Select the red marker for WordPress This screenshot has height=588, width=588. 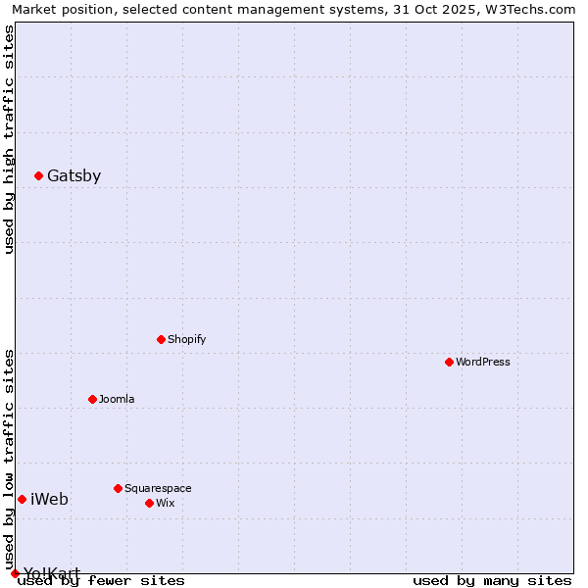point(450,363)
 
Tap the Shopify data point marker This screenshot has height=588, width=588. point(162,340)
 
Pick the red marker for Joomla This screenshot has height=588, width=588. point(93,400)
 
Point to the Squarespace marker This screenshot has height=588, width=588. point(119,489)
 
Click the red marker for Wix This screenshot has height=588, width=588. point(150,504)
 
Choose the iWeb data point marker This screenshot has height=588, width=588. point(23,500)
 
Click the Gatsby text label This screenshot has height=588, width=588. point(74,176)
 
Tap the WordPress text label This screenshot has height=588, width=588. point(483,363)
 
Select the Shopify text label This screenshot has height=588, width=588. point(187,340)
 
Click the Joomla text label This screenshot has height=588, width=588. point(117,400)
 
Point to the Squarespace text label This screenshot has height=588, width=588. point(158,489)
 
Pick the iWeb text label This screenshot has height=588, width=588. point(50,500)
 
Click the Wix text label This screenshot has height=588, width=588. point(166,504)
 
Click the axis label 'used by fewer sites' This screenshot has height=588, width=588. point(102,581)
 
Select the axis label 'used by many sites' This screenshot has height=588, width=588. point(492,581)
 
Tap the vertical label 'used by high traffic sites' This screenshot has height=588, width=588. point(10,139)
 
